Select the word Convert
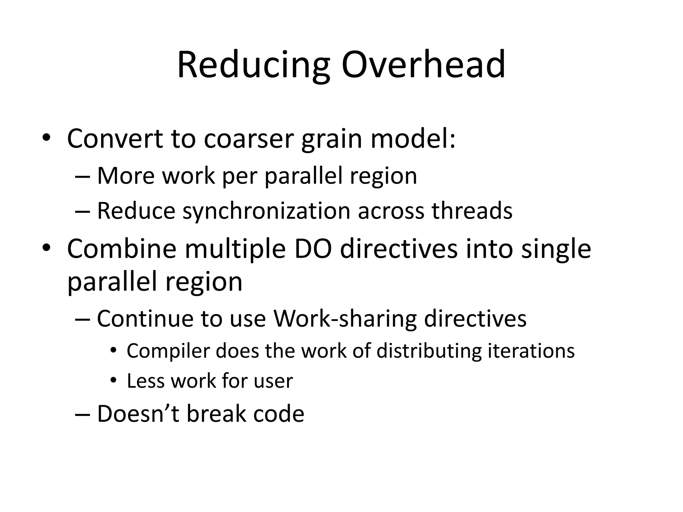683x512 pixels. pos(115,138)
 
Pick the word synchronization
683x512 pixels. pos(266,211)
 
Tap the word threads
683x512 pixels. pos(472,211)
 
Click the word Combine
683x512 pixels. pos(122,249)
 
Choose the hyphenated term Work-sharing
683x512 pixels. pos(345,319)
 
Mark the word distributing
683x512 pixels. pos(429,351)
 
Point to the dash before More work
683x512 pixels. pos(83,176)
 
